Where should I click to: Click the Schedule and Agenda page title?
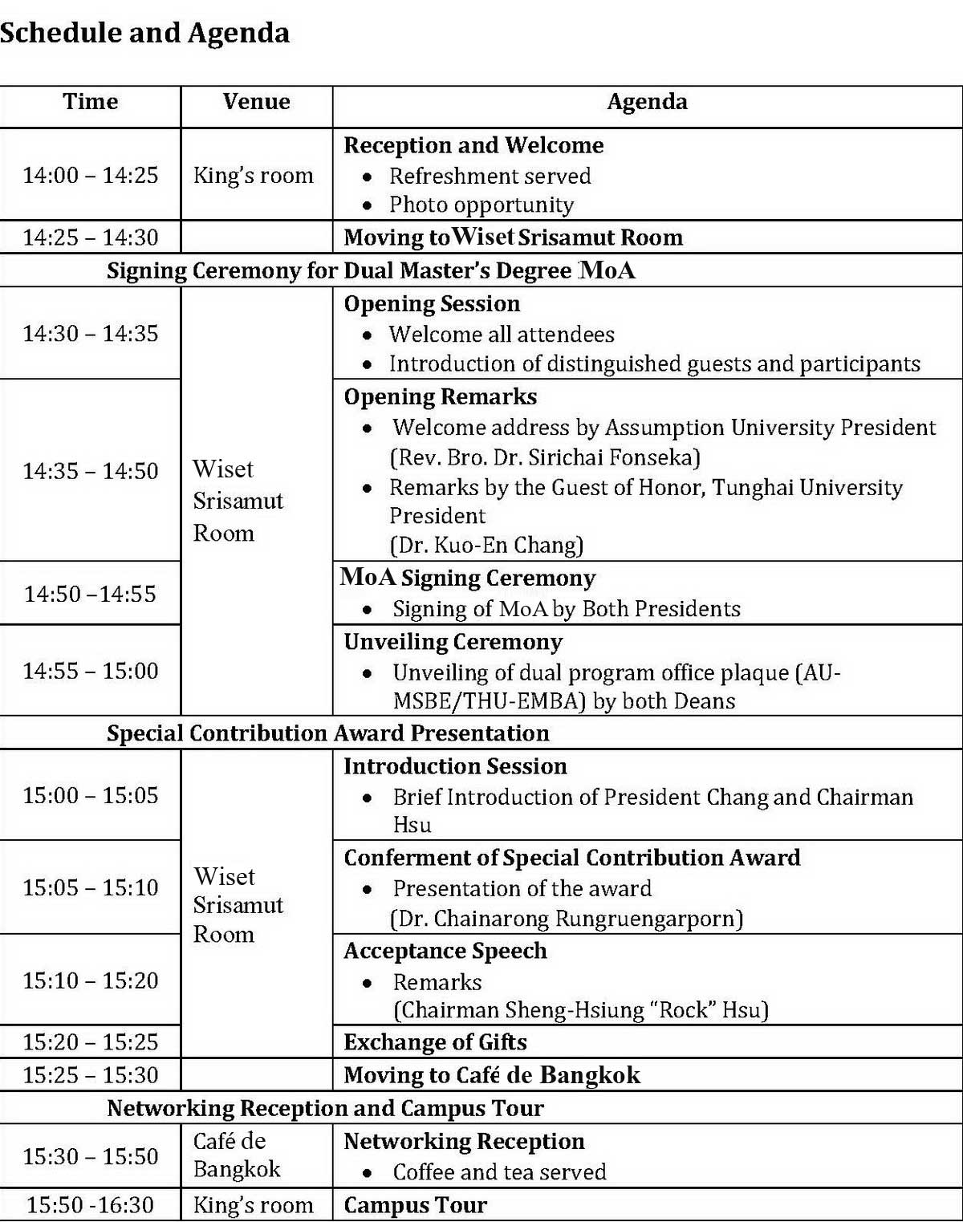tap(145, 33)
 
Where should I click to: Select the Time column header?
tap(90, 102)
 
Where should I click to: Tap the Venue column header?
tap(256, 102)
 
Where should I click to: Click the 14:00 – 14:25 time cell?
tap(90, 175)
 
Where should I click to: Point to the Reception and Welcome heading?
tap(473, 145)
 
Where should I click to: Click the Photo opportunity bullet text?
tap(481, 205)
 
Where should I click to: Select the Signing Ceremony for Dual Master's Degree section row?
tap(371, 270)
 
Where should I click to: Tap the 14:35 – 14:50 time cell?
tap(90, 470)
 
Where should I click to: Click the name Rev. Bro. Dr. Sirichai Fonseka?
tap(545, 457)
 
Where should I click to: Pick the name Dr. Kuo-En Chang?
tap(486, 546)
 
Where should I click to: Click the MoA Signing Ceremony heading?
tap(468, 578)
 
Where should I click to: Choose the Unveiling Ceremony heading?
tap(453, 642)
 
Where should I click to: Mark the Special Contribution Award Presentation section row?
tap(327, 733)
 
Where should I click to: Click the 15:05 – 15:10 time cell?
tap(90, 887)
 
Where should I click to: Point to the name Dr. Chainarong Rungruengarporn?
tap(567, 919)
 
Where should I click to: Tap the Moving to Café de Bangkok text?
tap(492, 1075)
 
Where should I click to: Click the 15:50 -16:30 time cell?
tap(90, 1205)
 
